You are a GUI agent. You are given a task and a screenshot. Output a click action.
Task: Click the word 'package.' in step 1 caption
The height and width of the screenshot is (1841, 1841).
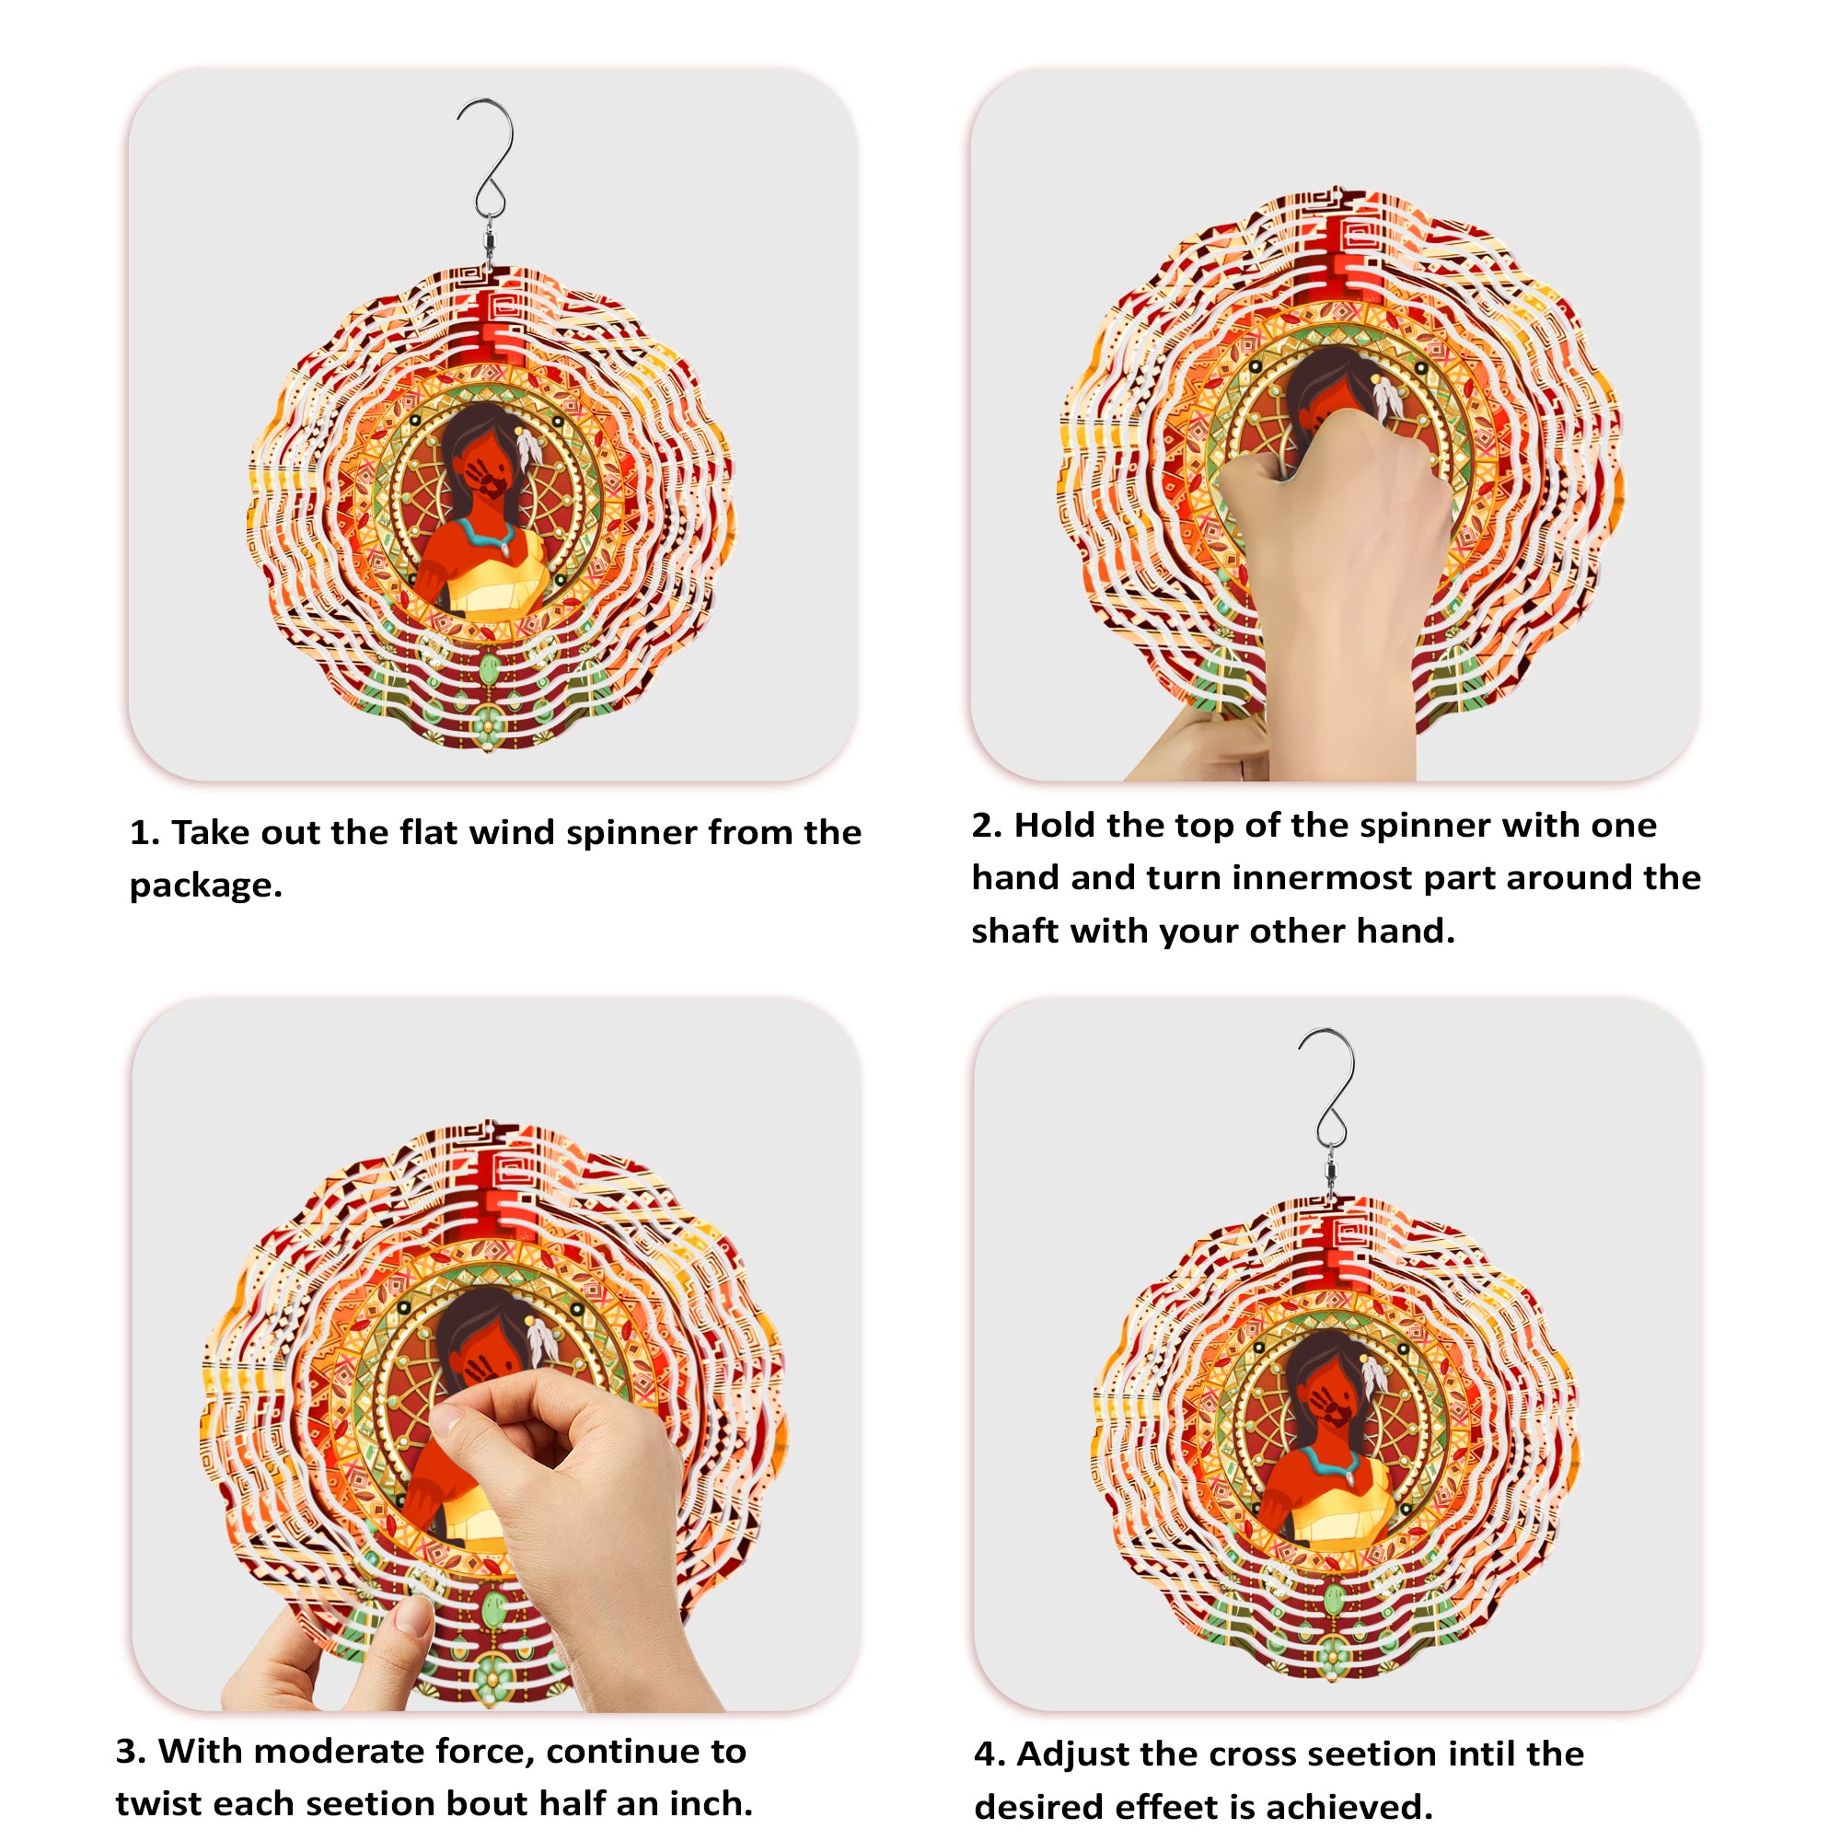point(206,886)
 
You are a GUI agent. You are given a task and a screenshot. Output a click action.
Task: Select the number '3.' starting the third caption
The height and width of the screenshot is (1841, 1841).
point(131,1752)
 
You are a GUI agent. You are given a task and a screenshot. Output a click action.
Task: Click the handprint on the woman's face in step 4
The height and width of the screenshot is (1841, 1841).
point(1326,1405)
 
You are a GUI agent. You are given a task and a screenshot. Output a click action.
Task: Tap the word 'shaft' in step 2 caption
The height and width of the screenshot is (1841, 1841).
point(1013,931)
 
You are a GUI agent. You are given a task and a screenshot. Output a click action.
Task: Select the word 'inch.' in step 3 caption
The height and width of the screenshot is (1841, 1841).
point(711,1803)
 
